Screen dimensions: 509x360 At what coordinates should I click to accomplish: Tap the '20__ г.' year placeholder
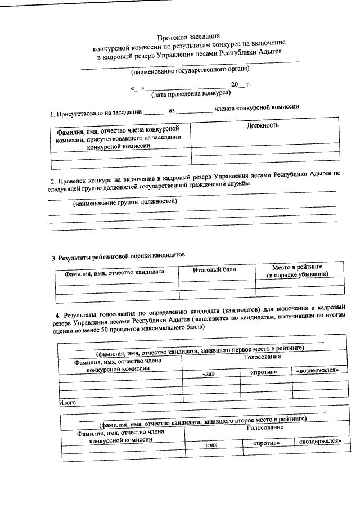tap(241, 84)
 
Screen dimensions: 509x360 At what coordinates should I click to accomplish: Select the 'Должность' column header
tap(263, 125)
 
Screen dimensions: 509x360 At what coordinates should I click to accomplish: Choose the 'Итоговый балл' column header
tap(214, 270)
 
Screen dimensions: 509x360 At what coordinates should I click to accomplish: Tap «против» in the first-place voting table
tap(264, 372)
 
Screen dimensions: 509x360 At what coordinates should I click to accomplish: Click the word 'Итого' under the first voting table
tap(68, 403)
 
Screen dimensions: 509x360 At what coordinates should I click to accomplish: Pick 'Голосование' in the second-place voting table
tap(264, 427)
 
